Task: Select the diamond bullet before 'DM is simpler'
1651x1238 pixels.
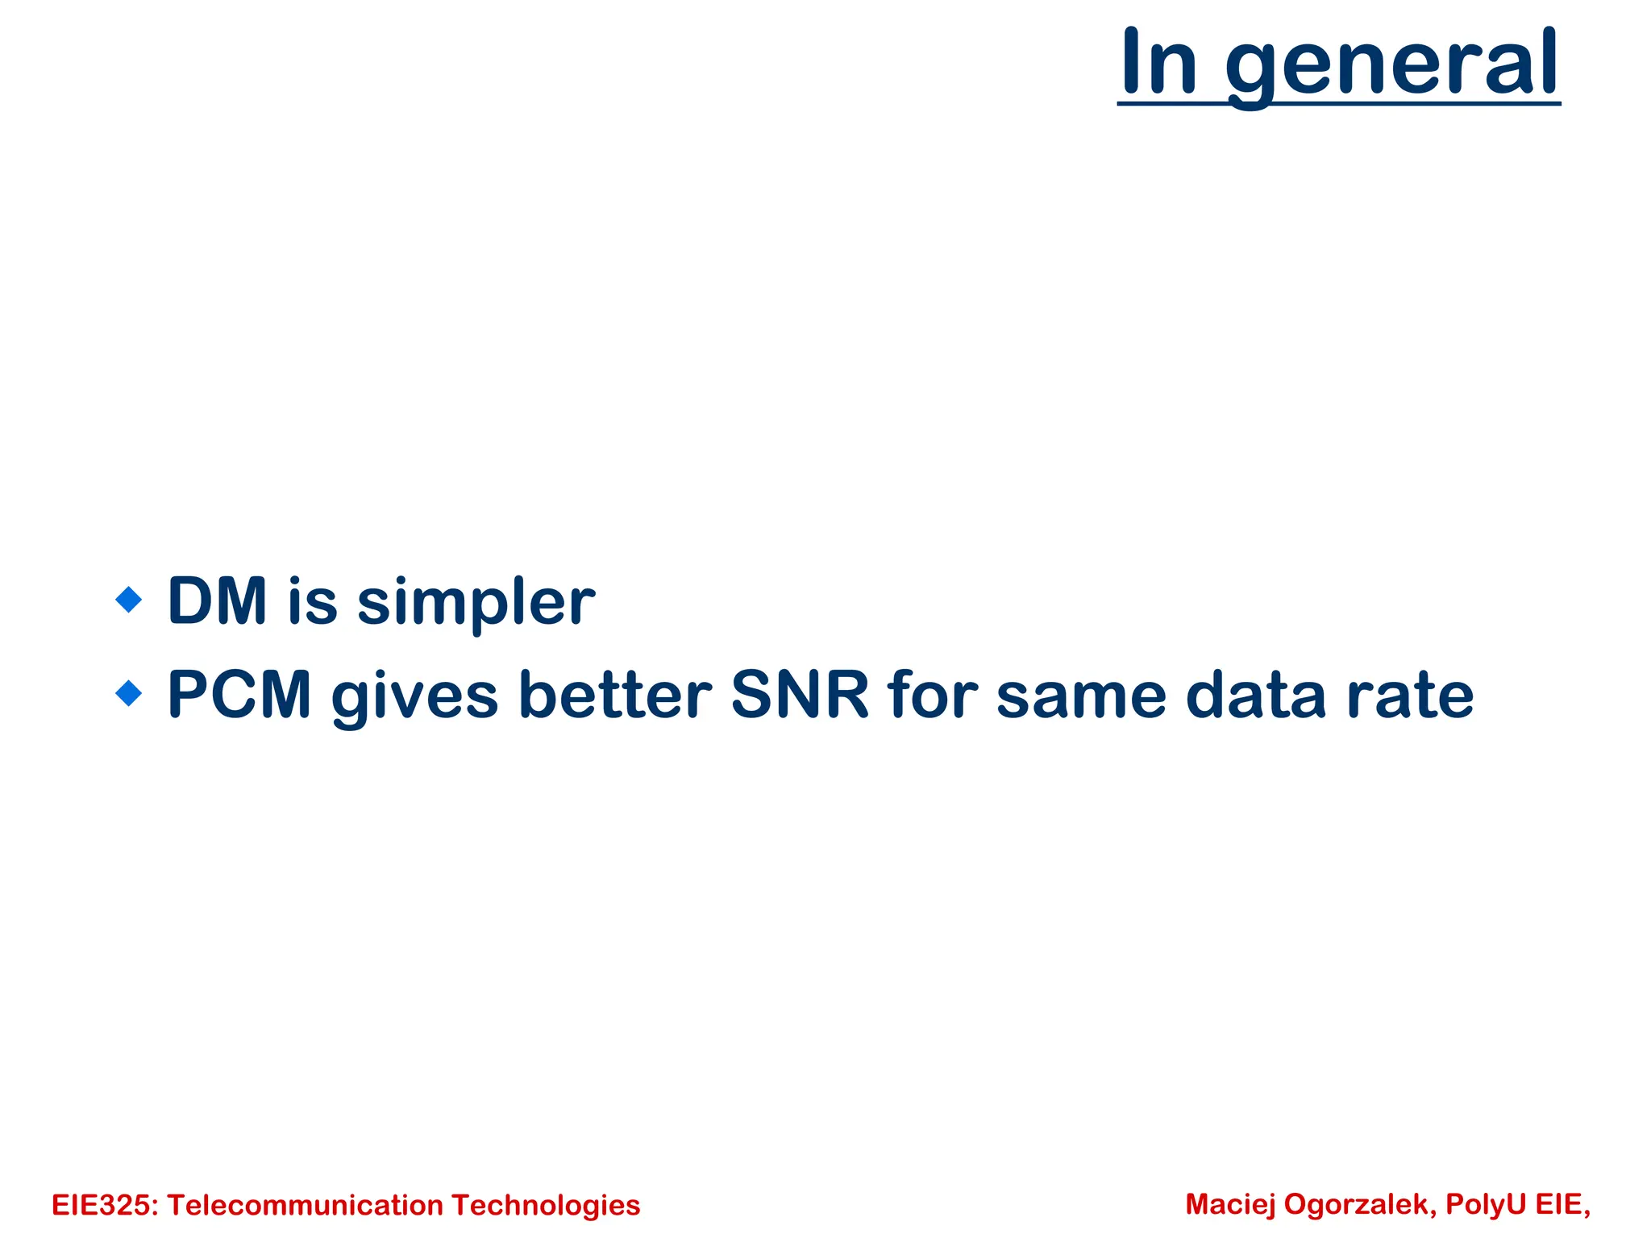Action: point(129,600)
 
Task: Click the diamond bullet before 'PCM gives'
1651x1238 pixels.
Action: point(129,693)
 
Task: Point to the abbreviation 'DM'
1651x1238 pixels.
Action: point(217,601)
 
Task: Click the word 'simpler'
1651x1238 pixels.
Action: point(476,603)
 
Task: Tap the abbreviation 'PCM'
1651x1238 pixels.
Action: point(239,695)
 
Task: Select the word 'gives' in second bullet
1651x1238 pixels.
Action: point(415,696)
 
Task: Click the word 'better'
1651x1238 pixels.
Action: point(615,695)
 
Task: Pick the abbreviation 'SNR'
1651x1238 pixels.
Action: point(800,695)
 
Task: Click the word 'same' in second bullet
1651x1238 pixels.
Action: point(1081,696)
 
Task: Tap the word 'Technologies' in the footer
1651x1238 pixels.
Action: point(546,1206)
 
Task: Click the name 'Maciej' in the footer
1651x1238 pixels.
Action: point(1230,1204)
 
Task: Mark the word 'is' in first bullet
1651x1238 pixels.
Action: point(312,601)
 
